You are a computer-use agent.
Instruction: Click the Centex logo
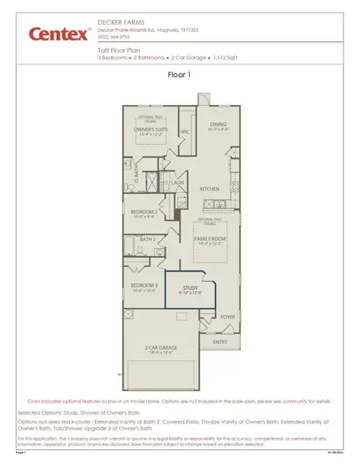[58, 33]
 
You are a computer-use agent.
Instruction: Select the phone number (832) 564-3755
[114, 37]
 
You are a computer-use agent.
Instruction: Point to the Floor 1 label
[180, 76]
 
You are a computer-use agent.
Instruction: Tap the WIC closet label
[185, 132]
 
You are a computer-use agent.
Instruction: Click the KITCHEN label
[209, 189]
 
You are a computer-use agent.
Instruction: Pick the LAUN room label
[177, 183]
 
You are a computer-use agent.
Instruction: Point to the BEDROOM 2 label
[145, 211]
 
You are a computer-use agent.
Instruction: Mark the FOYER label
[227, 317]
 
